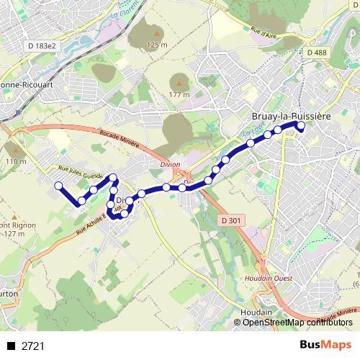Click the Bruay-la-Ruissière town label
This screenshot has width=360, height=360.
290,115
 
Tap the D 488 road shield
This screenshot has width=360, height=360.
316,53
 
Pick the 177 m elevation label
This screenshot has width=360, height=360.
179,94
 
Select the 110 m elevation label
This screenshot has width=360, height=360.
15,162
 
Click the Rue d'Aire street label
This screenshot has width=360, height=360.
264,32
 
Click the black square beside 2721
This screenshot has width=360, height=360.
11,346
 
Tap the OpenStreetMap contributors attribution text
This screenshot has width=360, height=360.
297,323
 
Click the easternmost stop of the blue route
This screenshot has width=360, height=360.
301,126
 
